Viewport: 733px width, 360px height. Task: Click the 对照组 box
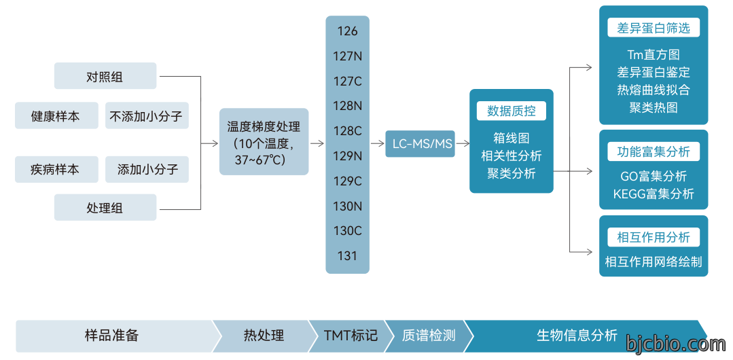[105, 76]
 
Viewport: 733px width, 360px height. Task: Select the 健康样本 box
[56, 115]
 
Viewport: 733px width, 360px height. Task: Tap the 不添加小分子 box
[147, 115]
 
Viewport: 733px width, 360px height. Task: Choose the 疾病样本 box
[56, 169]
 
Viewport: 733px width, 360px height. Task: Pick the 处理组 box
[105, 208]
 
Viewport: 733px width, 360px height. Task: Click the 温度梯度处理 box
[264, 142]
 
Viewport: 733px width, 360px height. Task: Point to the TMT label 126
[347, 31]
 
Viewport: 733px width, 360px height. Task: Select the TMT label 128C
[347, 131]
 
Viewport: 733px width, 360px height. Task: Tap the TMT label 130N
[347, 206]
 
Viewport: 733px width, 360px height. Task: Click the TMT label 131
[347, 256]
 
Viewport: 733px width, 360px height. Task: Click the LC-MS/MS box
[421, 143]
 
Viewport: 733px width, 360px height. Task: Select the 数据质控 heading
[512, 111]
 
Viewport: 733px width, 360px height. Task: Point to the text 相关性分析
[512, 156]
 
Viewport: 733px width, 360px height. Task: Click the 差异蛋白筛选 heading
[654, 28]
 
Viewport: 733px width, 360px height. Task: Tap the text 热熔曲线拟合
[654, 90]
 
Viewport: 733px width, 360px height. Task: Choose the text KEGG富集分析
[654, 194]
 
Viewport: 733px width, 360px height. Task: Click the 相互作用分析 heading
[654, 237]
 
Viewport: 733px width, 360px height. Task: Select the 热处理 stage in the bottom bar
[264, 336]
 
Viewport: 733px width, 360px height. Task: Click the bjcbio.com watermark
[675, 344]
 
